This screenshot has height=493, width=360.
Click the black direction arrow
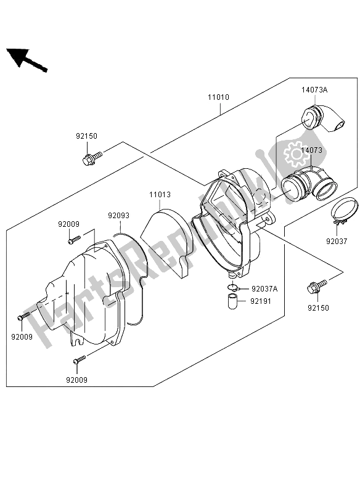(27, 59)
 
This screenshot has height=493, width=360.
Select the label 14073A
(314, 90)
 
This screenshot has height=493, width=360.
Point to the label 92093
(118, 216)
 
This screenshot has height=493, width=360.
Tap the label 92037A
(264, 288)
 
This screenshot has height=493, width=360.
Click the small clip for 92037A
(233, 288)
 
